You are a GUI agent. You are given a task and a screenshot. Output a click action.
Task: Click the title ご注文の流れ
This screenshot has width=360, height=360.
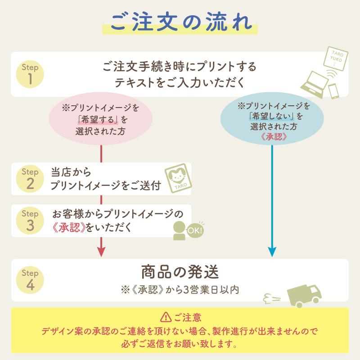point(180,22)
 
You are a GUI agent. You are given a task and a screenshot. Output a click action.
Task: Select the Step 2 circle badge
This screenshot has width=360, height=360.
point(30,179)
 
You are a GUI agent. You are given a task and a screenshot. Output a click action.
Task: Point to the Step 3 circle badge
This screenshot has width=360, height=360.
point(30,220)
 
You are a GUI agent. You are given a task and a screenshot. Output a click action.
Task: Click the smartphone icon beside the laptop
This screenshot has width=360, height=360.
point(334,90)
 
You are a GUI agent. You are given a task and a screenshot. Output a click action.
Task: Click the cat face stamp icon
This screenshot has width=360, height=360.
point(178,178)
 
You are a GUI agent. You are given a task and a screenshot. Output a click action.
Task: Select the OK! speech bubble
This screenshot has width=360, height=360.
point(195,230)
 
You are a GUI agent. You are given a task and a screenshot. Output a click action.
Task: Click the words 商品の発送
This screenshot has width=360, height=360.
point(180,273)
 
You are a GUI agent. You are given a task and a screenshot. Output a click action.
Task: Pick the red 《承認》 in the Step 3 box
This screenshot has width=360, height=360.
point(69,228)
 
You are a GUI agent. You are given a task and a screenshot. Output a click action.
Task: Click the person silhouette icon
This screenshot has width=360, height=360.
point(180,231)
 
